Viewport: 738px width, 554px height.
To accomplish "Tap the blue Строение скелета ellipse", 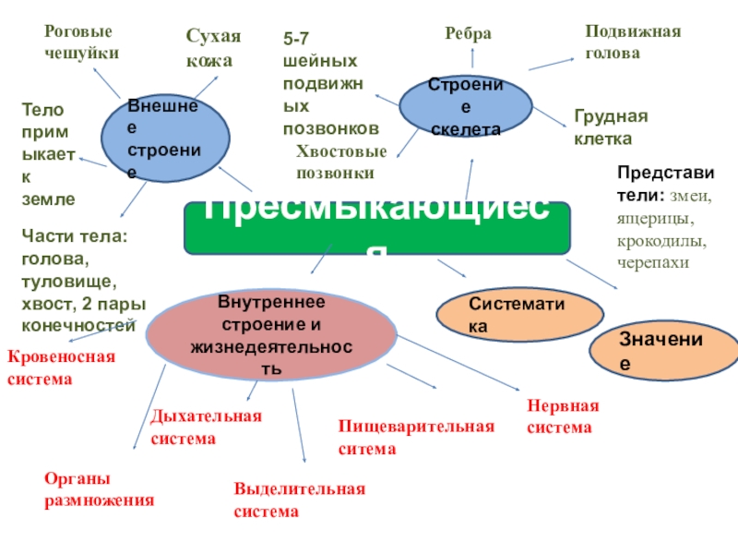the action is [465, 107].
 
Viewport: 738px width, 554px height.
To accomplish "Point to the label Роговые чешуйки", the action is [82, 42].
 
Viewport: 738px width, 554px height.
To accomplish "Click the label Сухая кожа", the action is [213, 49].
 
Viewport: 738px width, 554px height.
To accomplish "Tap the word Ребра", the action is [469, 34].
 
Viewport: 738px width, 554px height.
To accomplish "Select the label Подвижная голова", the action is [633, 42].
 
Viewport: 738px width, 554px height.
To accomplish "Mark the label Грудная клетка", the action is [611, 127].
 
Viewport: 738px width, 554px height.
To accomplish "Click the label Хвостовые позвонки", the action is [341, 162].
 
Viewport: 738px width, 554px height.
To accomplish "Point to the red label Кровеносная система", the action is [61, 367].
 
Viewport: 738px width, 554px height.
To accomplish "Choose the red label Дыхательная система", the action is [206, 428].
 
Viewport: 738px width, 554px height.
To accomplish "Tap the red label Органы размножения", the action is [99, 490].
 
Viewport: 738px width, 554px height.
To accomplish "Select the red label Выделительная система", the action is [300, 500].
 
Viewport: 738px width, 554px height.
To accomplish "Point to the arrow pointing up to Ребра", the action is [472, 57].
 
